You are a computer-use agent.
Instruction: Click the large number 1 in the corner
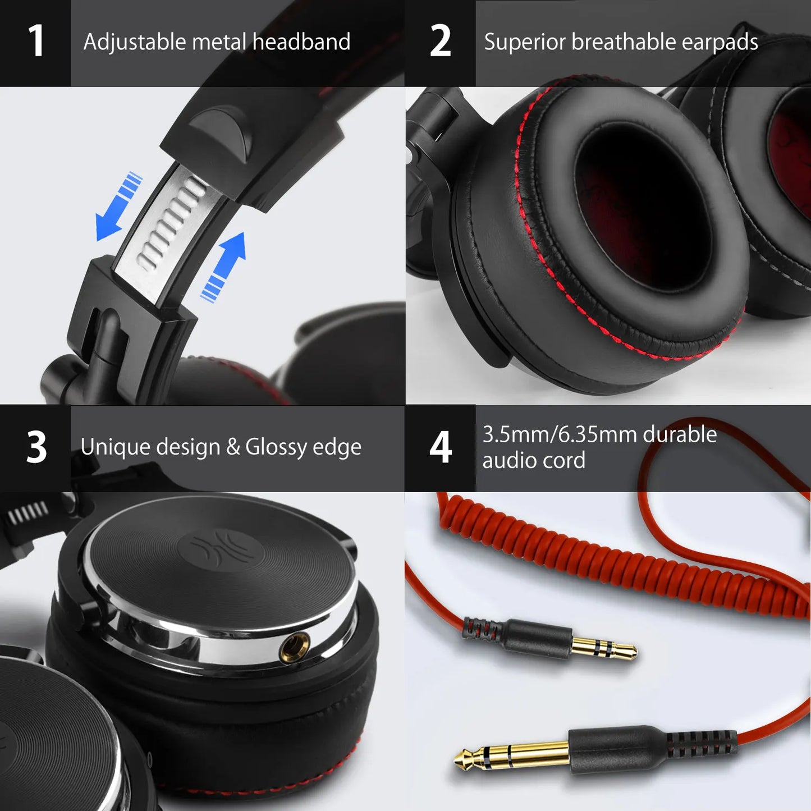coord(36,42)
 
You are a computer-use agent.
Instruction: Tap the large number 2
coord(441,42)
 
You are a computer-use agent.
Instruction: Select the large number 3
coord(36,448)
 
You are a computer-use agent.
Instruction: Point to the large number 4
coord(441,448)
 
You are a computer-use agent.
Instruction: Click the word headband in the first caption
coord(301,42)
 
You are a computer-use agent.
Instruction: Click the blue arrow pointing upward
coord(226,264)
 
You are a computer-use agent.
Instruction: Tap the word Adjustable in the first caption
coord(134,42)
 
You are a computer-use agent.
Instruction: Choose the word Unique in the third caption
coord(114,448)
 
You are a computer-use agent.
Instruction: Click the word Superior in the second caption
coord(524,42)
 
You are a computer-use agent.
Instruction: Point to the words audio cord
coord(534,461)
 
